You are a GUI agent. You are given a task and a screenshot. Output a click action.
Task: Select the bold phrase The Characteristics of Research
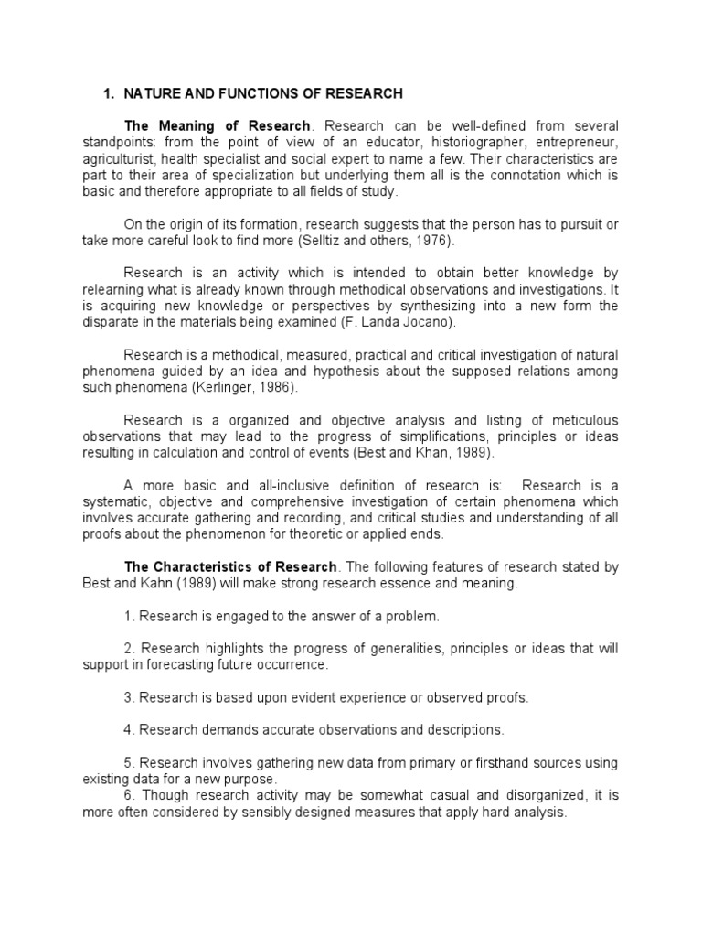click(x=231, y=567)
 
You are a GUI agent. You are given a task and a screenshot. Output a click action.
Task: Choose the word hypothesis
click(x=388, y=371)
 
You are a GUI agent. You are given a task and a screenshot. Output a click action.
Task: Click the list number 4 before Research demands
click(x=128, y=730)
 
